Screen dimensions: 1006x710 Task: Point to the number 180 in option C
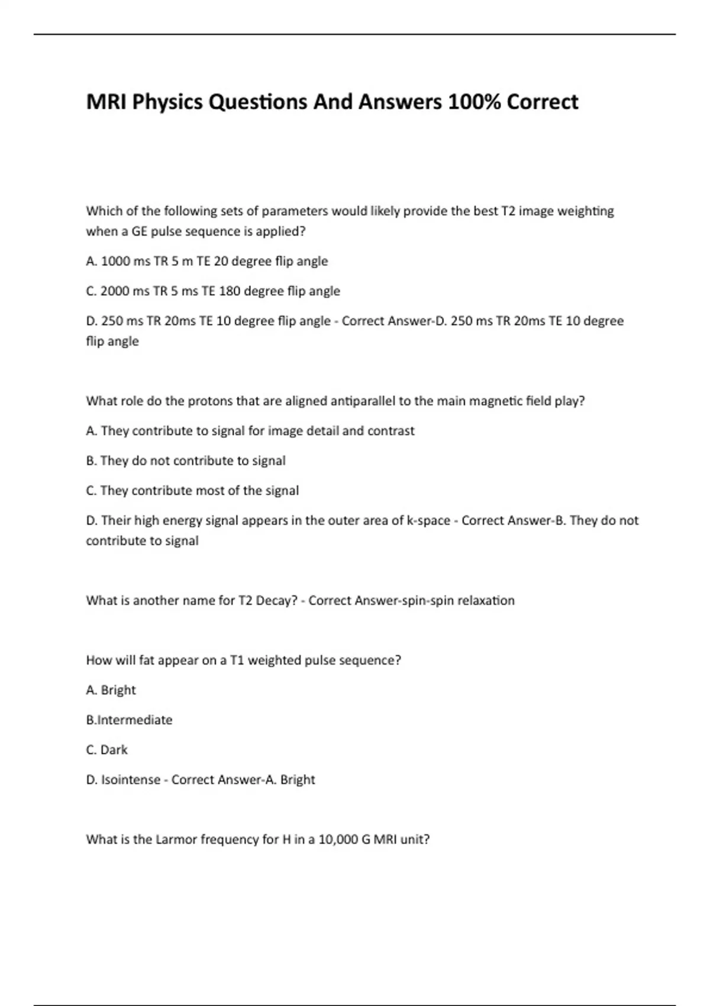coord(230,291)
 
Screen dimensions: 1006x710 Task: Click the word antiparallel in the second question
coord(340,401)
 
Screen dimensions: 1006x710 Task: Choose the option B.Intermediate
coord(129,720)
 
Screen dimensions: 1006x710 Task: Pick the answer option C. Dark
coord(106,750)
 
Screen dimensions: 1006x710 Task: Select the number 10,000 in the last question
coord(338,840)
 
